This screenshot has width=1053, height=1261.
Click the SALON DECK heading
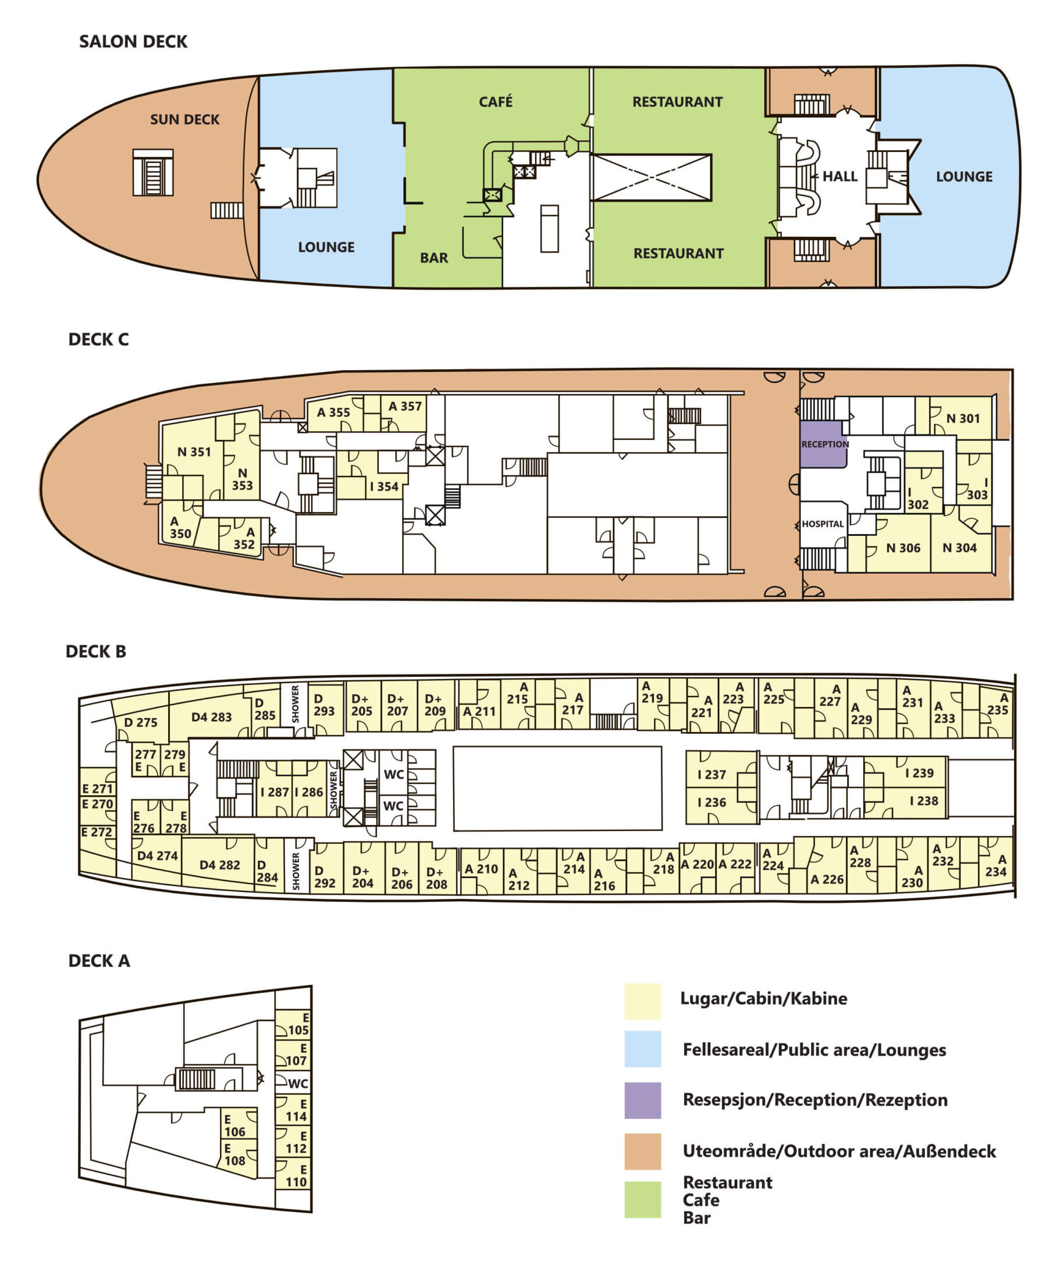[x=133, y=41]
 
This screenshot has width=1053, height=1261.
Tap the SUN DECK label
[x=185, y=119]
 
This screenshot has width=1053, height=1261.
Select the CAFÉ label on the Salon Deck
[x=496, y=101]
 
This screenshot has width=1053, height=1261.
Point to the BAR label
[x=434, y=258]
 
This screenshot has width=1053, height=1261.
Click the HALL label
[x=840, y=176]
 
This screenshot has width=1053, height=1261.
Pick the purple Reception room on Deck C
[x=823, y=444]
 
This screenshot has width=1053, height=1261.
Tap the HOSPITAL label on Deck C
[x=823, y=524]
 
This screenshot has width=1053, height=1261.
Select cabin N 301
[x=960, y=417]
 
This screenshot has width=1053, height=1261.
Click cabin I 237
[x=712, y=774]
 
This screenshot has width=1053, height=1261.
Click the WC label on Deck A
[x=298, y=1084]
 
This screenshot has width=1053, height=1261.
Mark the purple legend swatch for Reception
[x=642, y=1100]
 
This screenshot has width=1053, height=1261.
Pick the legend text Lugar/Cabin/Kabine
[x=764, y=998]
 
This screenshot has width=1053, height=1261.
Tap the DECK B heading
[x=96, y=652]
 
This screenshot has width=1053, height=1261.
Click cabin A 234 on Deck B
[x=996, y=865]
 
